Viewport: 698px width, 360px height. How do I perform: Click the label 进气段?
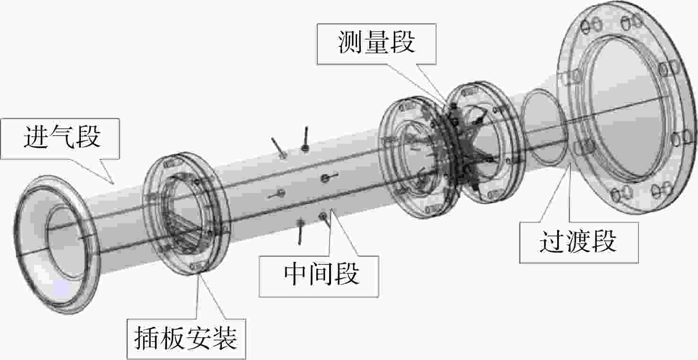pos(62,137)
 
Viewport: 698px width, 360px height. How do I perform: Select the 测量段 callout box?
pos(376,44)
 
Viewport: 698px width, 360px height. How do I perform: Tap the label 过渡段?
pos(578,242)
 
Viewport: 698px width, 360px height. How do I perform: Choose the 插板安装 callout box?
pos(186,339)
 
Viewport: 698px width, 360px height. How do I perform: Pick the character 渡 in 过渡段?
pos(578,242)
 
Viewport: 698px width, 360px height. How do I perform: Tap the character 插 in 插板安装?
pos(147,339)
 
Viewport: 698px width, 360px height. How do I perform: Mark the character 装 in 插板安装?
pos(225,339)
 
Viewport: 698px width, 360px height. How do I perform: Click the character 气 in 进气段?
pos(62,137)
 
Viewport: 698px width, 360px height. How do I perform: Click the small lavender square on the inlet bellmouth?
pos(61,288)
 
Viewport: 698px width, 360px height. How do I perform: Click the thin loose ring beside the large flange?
pos(523,125)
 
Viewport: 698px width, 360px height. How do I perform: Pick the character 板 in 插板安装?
pos(173,339)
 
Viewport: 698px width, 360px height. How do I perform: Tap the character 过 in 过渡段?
pos(552,242)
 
